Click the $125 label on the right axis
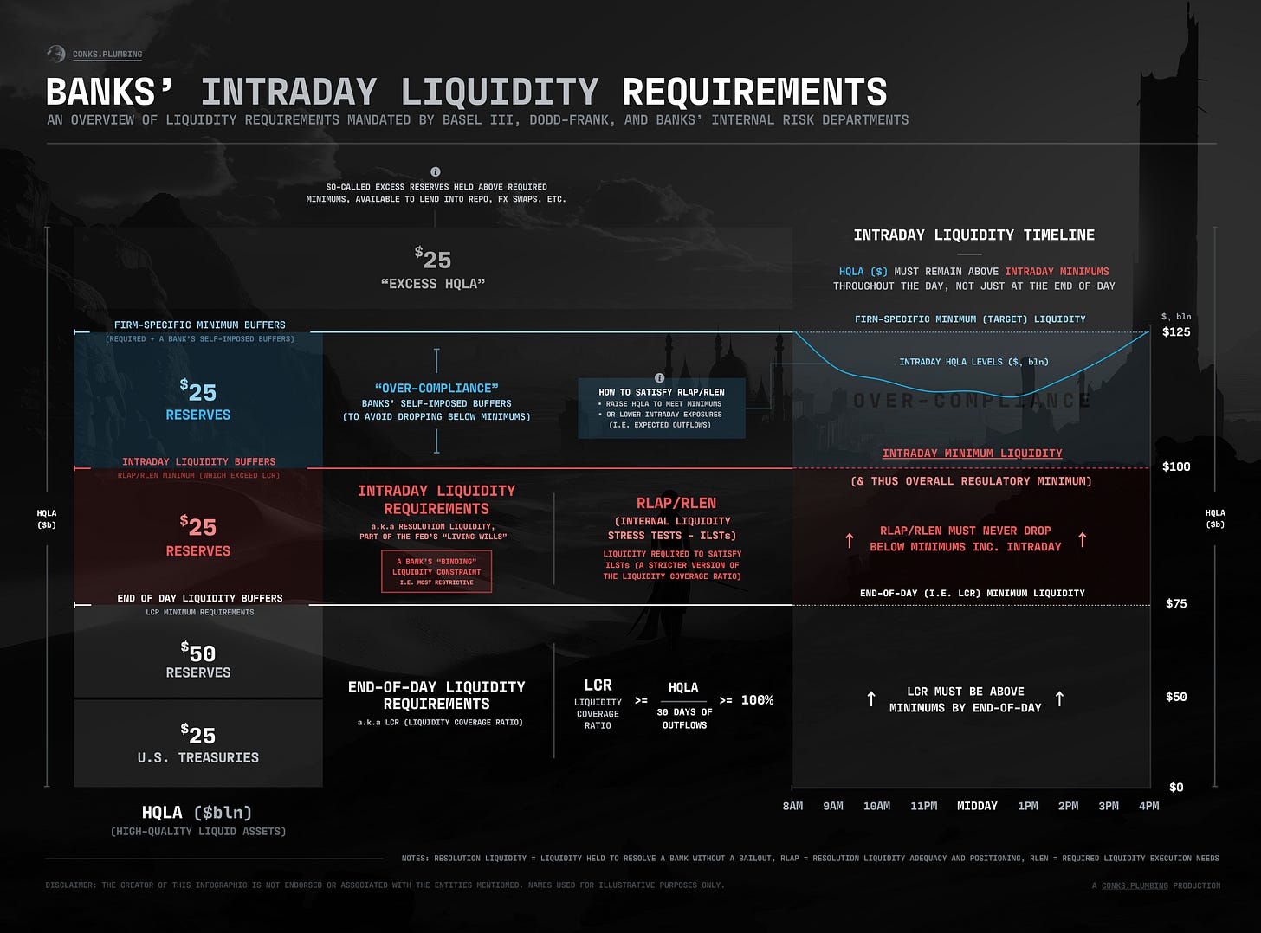click(x=1175, y=332)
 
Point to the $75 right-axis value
click(x=1175, y=604)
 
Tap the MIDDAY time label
click(x=977, y=806)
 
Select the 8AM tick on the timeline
click(x=792, y=806)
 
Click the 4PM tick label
click(x=1148, y=806)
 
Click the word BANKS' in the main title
click(x=109, y=92)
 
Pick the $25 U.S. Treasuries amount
click(x=198, y=735)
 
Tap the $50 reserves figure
click(x=198, y=653)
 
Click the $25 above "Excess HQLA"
click(x=433, y=259)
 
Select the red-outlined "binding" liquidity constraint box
click(x=436, y=571)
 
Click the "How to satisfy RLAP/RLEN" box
click(x=662, y=408)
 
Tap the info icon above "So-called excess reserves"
click(x=436, y=172)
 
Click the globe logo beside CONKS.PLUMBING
click(x=56, y=54)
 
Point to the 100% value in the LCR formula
click(x=757, y=700)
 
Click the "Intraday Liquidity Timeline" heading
click(x=973, y=235)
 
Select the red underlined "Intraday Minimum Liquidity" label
click(x=972, y=454)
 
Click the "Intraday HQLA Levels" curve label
click(x=973, y=362)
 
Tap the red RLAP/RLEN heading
click(x=676, y=503)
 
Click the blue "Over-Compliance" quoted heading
click(x=436, y=389)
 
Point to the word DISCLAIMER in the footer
click(x=71, y=885)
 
